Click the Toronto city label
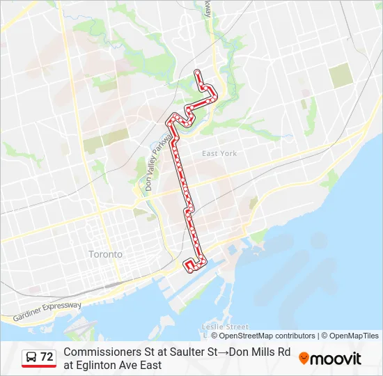pyautogui.click(x=105, y=254)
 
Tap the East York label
pyautogui.click(x=219, y=153)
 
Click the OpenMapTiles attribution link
pyautogui.click(x=354, y=336)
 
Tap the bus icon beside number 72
pyautogui.click(x=31, y=357)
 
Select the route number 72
pyautogui.click(x=47, y=357)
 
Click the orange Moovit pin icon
pyautogui.click(x=304, y=358)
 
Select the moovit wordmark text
pyautogui.click(x=336, y=359)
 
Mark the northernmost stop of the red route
pyautogui.click(x=197, y=72)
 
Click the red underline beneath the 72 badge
pyautogui.click(x=39, y=366)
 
